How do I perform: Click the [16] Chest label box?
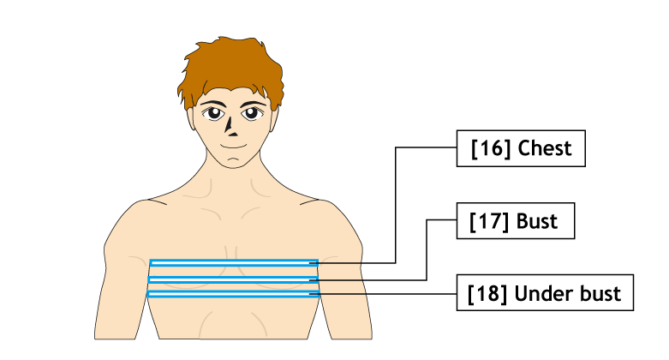(x=521, y=148)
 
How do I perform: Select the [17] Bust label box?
(x=516, y=221)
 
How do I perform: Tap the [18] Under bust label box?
(x=545, y=292)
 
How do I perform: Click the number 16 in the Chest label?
(x=491, y=148)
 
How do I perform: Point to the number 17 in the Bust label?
(x=489, y=221)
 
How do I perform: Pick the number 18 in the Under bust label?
(x=487, y=293)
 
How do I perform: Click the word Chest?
(x=545, y=148)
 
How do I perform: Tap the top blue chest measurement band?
(x=234, y=262)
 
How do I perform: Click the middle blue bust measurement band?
(x=233, y=279)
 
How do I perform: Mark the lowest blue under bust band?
(x=233, y=294)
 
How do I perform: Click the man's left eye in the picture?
(x=252, y=113)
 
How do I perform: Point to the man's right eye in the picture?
(x=213, y=113)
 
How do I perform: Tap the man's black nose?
(x=230, y=127)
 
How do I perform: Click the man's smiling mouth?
(x=233, y=147)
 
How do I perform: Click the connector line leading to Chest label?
(x=396, y=205)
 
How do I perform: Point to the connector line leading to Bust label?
(x=427, y=249)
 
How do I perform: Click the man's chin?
(x=233, y=162)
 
